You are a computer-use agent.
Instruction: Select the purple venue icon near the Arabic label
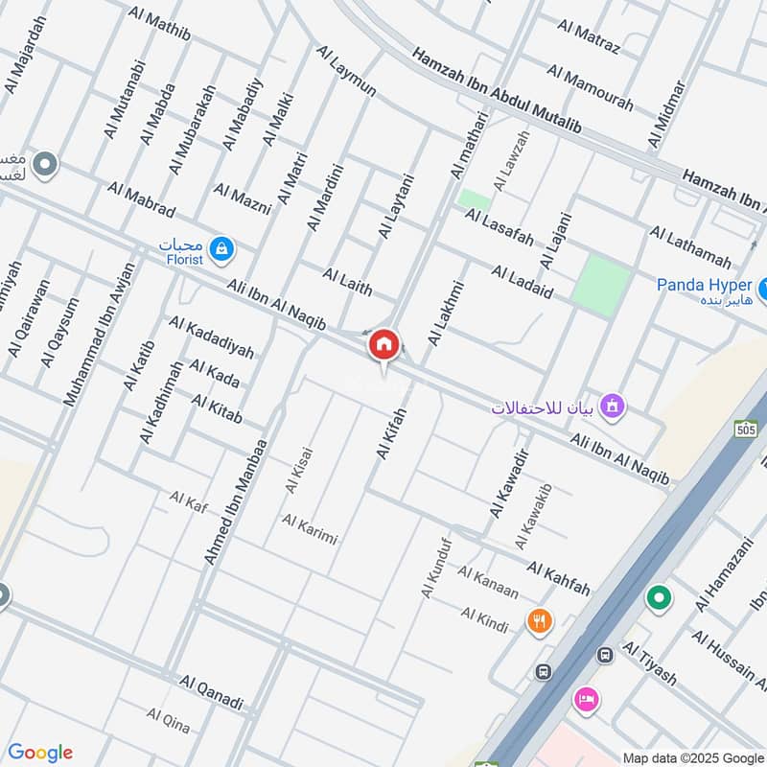click(615, 406)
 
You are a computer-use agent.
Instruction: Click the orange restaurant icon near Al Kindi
click(540, 621)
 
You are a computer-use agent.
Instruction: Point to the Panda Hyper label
click(703, 285)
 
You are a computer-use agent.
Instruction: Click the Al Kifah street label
click(392, 433)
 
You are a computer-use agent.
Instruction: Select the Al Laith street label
click(347, 282)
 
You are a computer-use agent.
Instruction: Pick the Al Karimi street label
click(310, 528)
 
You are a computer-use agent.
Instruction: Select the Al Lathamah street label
click(690, 247)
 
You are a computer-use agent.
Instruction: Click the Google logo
click(40, 752)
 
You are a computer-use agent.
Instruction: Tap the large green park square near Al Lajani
click(602, 285)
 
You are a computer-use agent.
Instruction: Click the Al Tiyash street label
click(650, 665)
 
